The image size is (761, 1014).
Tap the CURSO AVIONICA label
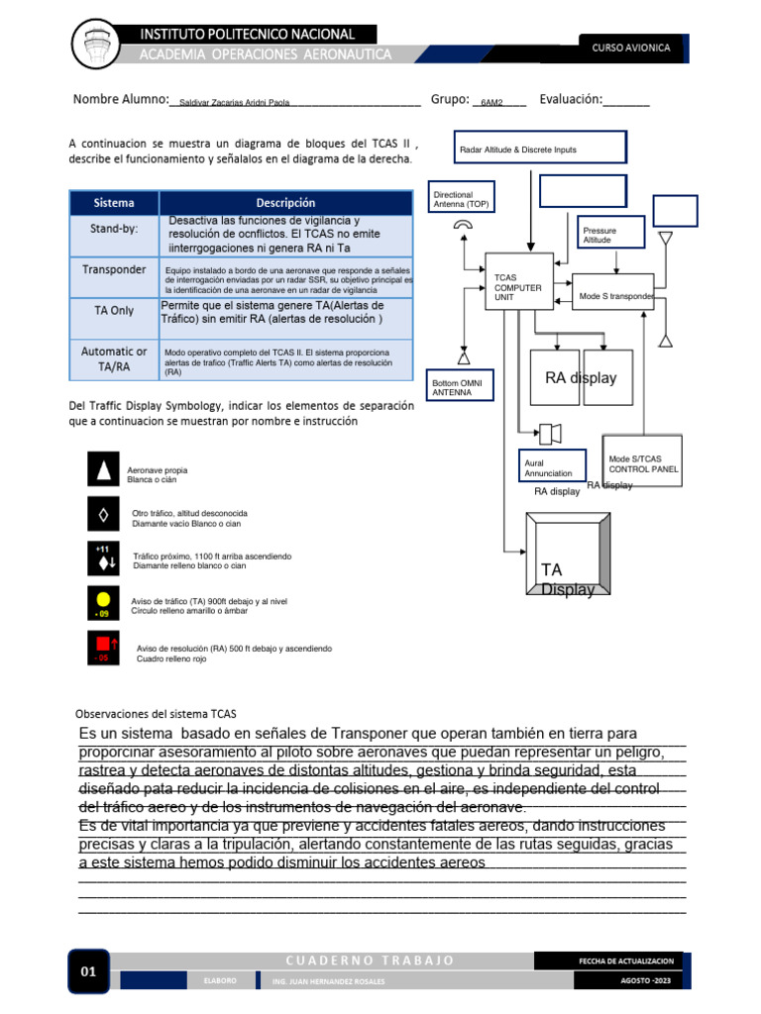pos(631,48)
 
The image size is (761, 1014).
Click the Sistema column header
pos(114,203)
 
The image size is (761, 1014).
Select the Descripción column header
pos(285,203)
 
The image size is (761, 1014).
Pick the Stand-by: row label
pos(114,229)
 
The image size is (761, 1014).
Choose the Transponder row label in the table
pos(114,269)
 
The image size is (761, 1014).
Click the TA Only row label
pos(114,310)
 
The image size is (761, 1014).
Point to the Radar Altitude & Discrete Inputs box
pos(540,148)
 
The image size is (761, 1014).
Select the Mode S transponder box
pos(614,293)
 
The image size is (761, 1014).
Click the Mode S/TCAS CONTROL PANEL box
pos(643,463)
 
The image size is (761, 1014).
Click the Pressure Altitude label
pos(599,236)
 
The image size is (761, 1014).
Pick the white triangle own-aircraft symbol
pos(103,470)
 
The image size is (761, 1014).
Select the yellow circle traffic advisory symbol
pos(103,599)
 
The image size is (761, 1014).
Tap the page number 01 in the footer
pos(88,971)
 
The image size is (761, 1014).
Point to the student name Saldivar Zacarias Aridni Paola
pos(235,102)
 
